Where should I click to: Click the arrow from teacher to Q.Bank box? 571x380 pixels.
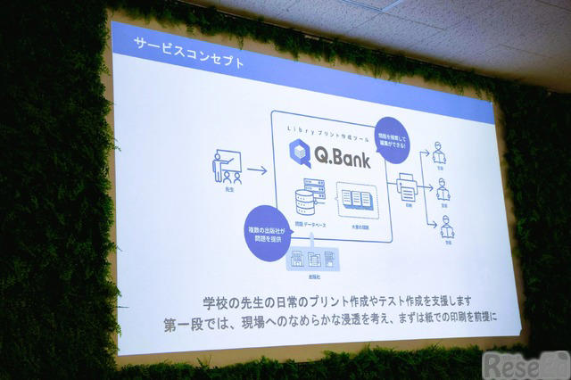256,169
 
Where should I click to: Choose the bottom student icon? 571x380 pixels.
447,228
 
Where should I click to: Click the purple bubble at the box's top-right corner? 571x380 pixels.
392,138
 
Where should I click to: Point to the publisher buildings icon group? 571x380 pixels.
315,258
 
